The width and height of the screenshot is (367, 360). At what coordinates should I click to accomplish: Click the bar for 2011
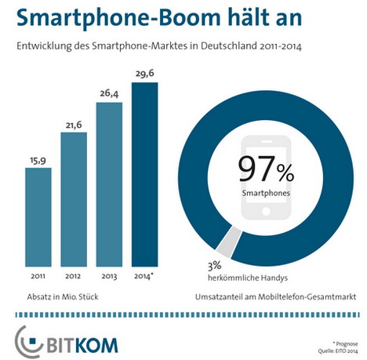point(38,217)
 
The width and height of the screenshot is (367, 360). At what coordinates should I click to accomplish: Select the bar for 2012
point(74,199)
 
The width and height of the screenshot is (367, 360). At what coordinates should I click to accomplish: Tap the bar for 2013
point(109,184)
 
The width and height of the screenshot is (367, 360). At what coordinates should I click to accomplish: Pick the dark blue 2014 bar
point(145,175)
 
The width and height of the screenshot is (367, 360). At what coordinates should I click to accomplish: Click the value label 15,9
point(38,161)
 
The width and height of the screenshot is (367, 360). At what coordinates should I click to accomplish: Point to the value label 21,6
point(74,125)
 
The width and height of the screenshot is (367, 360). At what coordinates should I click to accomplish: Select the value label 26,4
point(109,93)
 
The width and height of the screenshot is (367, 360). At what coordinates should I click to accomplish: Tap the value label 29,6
point(145,74)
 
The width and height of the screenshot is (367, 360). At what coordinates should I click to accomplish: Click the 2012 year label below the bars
point(73,276)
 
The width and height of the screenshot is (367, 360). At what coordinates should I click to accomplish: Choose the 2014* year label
point(143,276)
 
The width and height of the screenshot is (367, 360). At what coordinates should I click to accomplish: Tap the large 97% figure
point(266,169)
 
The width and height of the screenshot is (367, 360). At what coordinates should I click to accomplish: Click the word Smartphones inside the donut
point(266,193)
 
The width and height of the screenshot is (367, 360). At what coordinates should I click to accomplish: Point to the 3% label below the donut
point(215,266)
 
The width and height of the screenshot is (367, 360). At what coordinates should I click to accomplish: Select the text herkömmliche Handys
point(248,278)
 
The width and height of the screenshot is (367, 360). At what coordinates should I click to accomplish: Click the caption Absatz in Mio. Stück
point(63,297)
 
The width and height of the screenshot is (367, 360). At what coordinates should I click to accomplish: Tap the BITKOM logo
point(67,341)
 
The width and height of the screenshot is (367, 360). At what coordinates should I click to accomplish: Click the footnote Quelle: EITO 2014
point(338,351)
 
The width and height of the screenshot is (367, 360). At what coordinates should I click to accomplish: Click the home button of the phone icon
point(266,211)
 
